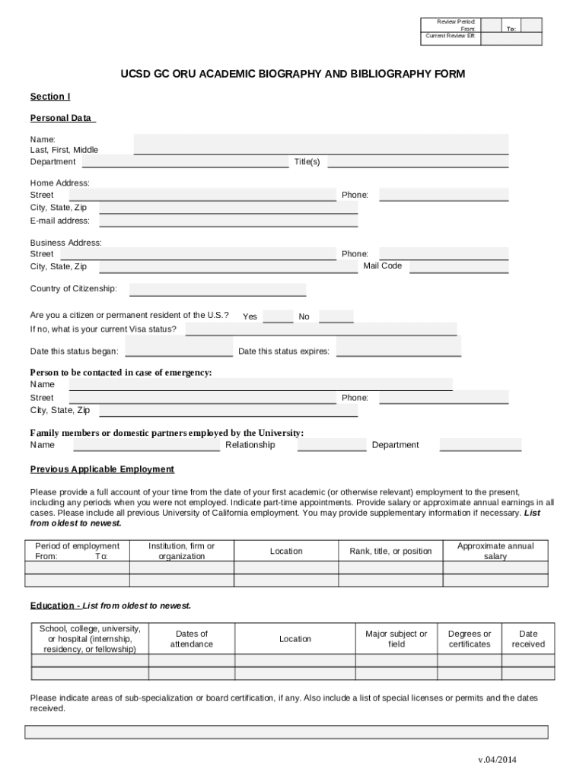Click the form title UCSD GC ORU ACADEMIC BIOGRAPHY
coord(292,74)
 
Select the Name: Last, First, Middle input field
coord(321,144)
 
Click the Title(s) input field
coord(418,161)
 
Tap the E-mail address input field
coord(228,221)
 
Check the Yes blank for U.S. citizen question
coord(278,316)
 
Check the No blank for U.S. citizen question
coord(336,316)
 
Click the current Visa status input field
coord(320,329)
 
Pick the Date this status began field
coord(179,350)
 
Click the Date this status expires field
coord(399,350)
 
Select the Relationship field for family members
coord(331,445)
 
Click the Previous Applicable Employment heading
coord(102,469)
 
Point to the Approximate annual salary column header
coord(495,552)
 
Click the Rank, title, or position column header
coord(390,552)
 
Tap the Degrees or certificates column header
coord(470,639)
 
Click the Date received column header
coord(528,639)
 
